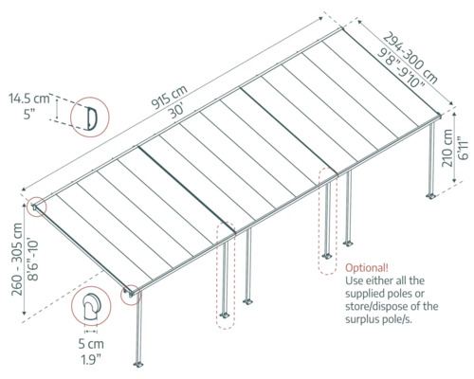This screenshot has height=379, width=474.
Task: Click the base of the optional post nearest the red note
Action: click(326, 255)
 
